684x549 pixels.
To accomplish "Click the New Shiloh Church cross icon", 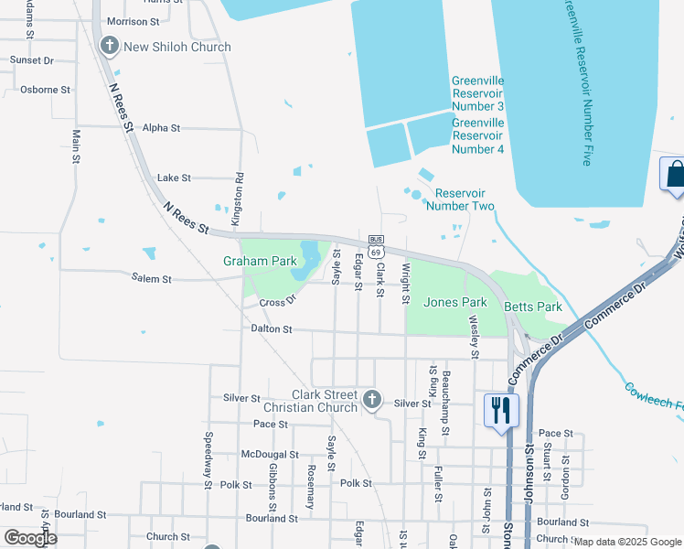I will [x=109, y=46].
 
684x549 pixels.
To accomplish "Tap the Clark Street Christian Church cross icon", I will [x=371, y=399].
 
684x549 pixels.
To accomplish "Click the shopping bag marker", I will [x=674, y=174].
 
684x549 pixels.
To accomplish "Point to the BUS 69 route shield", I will [x=375, y=244].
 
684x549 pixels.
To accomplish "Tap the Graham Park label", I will [x=260, y=261].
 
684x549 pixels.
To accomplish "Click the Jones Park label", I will [x=455, y=302].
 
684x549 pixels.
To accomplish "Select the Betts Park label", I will [x=535, y=307].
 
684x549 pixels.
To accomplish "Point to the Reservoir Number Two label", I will [x=465, y=199].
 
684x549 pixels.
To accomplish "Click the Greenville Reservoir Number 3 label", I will [x=477, y=93].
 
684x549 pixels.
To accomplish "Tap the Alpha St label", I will [x=162, y=128].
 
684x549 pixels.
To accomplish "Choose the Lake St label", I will [x=174, y=178].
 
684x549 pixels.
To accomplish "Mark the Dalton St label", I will [x=270, y=328].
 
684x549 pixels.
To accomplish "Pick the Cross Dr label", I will [x=278, y=302].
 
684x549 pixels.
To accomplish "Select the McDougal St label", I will [x=270, y=454].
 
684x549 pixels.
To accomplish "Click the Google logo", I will [x=30, y=538].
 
